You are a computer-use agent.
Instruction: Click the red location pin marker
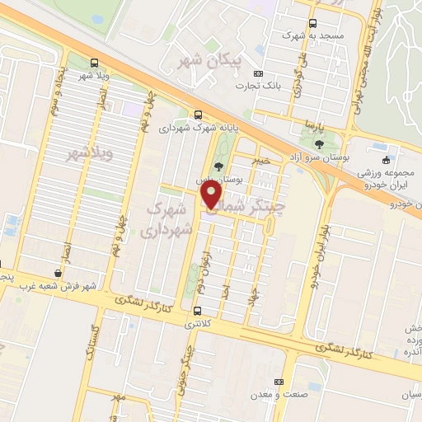(212, 194)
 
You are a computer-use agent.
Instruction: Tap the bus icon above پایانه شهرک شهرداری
(197, 115)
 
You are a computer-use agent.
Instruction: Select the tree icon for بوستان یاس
(218, 166)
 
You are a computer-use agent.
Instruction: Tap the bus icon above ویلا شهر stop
(94, 63)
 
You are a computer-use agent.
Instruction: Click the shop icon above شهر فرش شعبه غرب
(57, 273)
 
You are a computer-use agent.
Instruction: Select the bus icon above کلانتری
(196, 311)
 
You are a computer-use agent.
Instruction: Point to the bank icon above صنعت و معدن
(279, 382)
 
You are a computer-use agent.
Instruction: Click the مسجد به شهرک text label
(311, 36)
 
